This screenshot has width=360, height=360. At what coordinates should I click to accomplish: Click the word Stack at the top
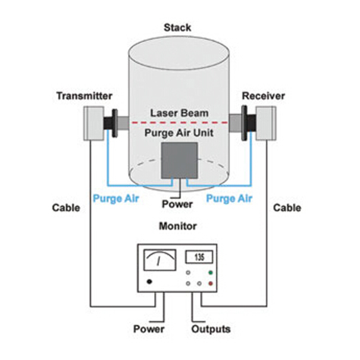coord(179,27)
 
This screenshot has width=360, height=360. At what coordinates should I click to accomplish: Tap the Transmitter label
coord(84,96)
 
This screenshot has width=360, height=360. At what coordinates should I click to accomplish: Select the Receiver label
coord(264,96)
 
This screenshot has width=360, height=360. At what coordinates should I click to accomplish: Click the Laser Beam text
coord(178,112)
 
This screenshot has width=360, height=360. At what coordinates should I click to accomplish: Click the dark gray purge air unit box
coord(179,160)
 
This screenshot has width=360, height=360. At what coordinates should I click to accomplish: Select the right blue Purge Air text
coord(229,199)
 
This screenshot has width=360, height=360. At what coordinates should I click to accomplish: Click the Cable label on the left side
coord(66,208)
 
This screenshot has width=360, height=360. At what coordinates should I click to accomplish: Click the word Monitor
coord(178,227)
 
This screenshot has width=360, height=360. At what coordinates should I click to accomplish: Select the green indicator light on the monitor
coord(211,272)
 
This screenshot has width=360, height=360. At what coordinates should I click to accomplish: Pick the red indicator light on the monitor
coord(211,283)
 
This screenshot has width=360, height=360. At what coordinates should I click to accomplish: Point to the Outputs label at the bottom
coord(211,329)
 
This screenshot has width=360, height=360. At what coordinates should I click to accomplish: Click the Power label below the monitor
coord(149,329)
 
